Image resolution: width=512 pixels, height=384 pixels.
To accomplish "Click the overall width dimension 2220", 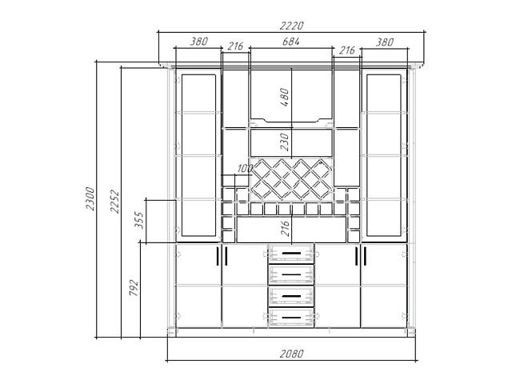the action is pos(291,26).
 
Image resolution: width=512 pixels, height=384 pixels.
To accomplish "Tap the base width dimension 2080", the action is pos(291,354).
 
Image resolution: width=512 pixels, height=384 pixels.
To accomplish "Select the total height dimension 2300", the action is pos(90,198).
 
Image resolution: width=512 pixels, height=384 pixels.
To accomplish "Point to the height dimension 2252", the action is pos(114,201).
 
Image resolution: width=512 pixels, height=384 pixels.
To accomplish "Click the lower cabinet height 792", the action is pos(134,288).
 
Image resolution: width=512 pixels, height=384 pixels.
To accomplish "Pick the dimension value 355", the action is pos(138,220).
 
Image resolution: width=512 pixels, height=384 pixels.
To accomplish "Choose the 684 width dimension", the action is pos(291,42).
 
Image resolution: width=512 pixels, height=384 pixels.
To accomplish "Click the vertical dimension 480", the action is pos(285,97).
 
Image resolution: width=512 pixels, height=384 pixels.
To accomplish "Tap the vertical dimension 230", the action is pos(285,142).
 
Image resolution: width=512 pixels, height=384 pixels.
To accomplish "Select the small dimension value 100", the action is pos(245,169).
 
